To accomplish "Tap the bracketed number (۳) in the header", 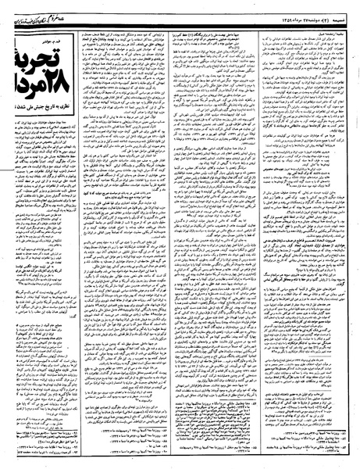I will pos(324,8).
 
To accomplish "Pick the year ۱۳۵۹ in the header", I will pos(262,8).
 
